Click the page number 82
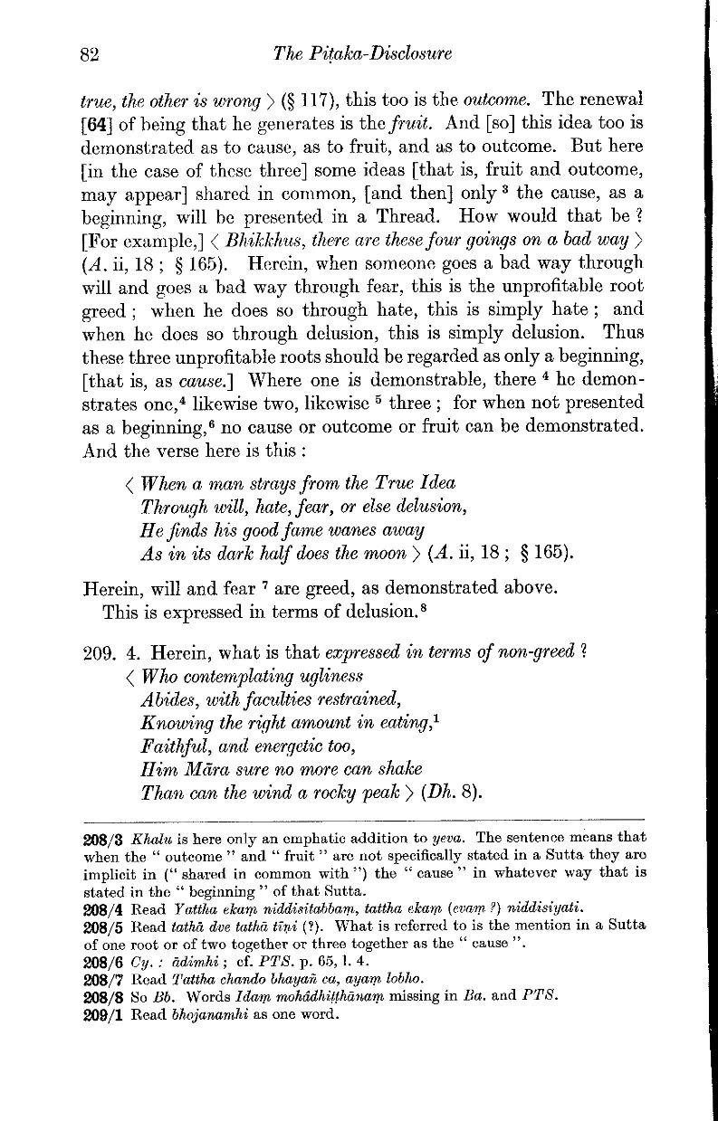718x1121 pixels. click(x=88, y=53)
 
